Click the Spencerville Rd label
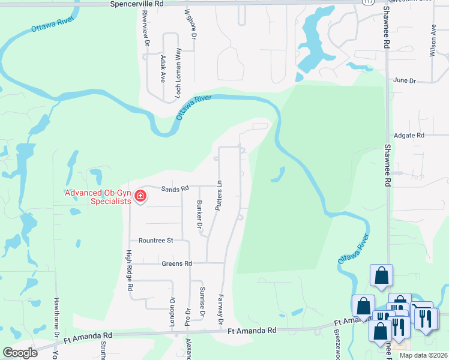point(137,4)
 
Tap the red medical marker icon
point(140,196)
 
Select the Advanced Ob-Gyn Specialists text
point(98,197)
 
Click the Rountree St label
point(155,240)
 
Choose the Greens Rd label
point(176,263)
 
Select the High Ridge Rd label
point(129,271)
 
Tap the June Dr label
point(404,80)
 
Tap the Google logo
point(20,353)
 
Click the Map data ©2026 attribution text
point(423,355)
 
